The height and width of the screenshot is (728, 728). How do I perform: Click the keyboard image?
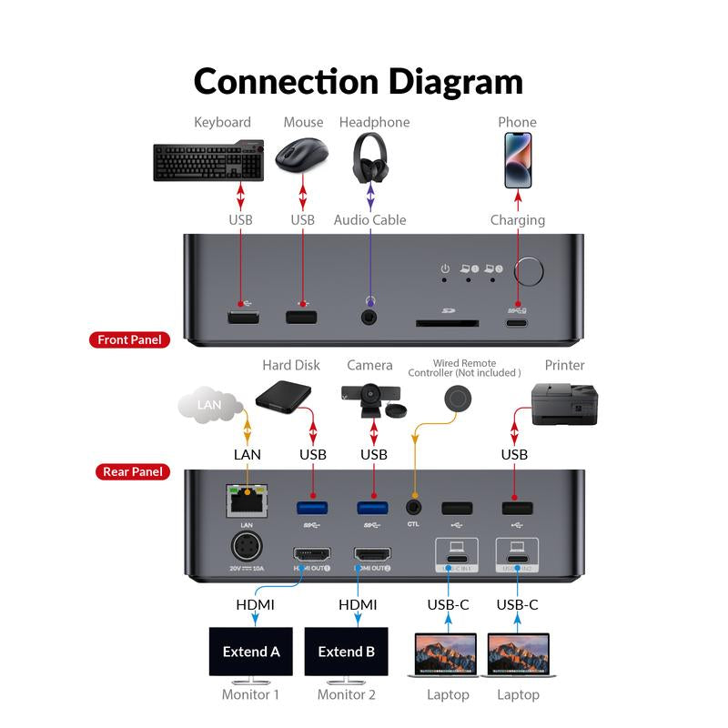point(208,160)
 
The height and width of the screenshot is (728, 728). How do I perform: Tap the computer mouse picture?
point(302,157)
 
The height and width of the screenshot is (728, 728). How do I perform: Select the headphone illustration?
point(370,157)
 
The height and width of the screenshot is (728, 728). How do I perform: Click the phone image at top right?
point(518,160)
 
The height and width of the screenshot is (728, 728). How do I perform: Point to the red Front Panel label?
point(129,340)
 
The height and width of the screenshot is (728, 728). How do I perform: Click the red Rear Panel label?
point(132,471)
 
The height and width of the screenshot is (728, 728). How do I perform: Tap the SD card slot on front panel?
point(448,321)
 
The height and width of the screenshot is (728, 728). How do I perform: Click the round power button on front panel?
point(530,271)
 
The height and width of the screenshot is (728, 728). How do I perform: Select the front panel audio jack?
point(370,318)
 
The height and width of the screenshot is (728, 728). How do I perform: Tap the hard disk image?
point(284,399)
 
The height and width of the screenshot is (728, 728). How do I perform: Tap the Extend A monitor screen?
point(251,652)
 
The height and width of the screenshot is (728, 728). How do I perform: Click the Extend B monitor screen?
point(346,652)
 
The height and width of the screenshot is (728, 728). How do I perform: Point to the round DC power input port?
point(246,549)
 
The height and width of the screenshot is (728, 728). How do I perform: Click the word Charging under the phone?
point(518,220)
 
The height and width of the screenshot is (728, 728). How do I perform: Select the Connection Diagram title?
point(359,81)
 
